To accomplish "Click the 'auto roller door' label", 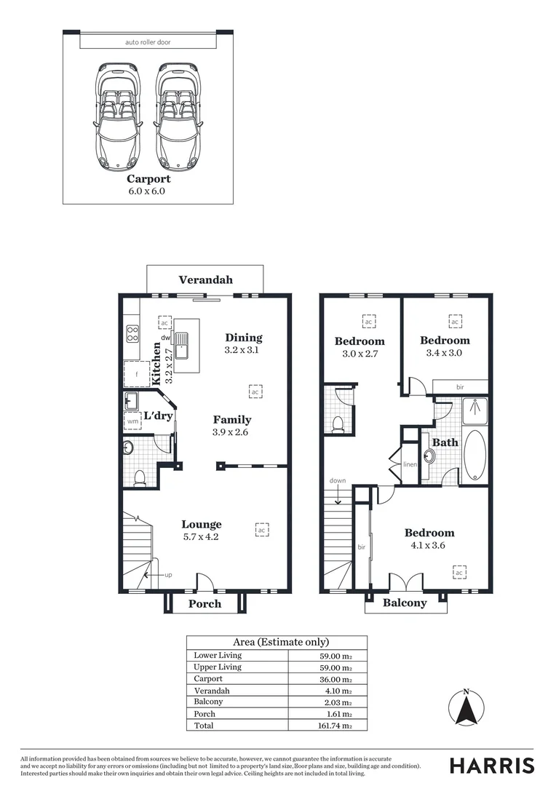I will point(148,42).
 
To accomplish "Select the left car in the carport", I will point(116,114).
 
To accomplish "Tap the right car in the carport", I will point(178,114).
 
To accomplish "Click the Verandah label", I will point(205,279).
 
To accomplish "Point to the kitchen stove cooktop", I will point(132,333).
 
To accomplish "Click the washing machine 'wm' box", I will point(132,421).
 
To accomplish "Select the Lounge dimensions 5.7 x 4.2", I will point(201,537).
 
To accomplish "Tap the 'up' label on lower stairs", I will point(168,575).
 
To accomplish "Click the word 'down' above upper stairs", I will point(338,480).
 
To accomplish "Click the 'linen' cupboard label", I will point(410,464).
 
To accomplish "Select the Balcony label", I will point(405,603).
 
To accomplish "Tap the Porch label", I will point(204,603).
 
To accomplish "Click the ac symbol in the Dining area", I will point(255,392).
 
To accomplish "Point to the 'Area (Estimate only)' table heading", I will point(280,642).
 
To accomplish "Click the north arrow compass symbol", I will point(466,706).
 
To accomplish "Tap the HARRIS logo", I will point(491,765).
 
